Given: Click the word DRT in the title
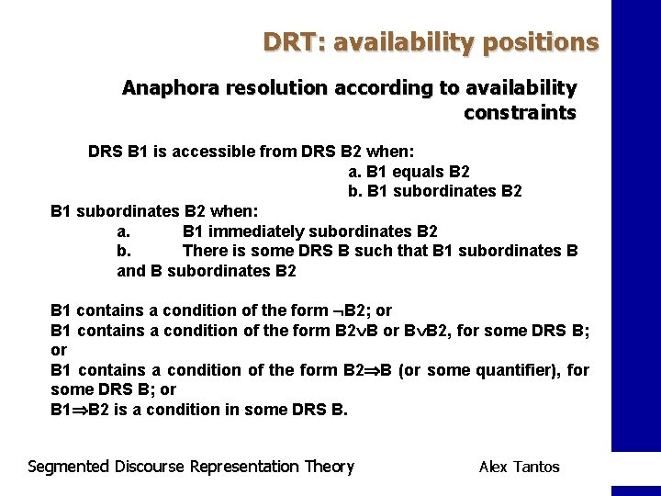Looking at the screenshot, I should click(287, 42).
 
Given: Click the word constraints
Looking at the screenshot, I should click(521, 113).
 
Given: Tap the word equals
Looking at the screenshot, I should click(416, 171).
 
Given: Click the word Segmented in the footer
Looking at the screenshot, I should click(69, 467).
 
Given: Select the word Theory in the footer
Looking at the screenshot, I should click(329, 467).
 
